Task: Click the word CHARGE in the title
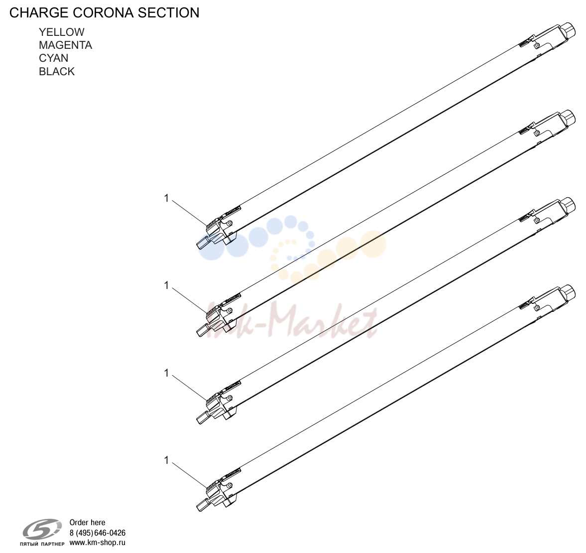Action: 39,13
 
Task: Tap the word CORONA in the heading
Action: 104,13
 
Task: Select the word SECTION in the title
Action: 169,13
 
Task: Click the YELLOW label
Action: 62,32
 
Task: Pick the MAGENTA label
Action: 65,45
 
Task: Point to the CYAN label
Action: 53,58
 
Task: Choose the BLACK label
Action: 57,71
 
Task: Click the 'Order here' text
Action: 88,522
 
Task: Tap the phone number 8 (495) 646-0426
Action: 98,533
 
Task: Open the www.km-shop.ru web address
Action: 98,543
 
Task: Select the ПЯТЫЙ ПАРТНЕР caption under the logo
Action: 42,544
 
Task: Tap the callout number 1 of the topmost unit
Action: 167,198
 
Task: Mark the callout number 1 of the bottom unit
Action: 167,460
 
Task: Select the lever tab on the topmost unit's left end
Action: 203,242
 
